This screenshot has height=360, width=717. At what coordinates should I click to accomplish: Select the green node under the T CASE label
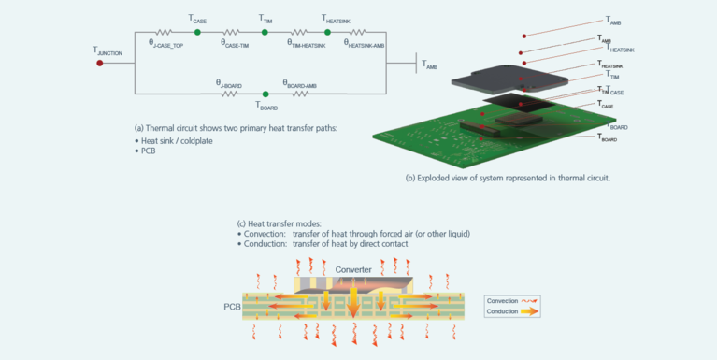point(197,32)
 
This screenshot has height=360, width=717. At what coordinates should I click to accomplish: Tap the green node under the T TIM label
point(265,32)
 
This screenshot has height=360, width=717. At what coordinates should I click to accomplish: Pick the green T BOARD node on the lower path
point(265,94)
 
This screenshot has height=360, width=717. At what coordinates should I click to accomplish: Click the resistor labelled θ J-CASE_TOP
point(165,32)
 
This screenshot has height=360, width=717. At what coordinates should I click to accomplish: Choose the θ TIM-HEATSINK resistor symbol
point(299,32)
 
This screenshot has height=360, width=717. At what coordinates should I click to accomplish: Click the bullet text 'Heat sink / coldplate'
point(177,141)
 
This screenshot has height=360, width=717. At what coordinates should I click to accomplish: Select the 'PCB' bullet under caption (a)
point(148,151)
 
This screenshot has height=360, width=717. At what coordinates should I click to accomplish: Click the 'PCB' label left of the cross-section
point(234,307)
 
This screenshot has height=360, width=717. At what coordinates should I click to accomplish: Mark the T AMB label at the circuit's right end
point(429,66)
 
